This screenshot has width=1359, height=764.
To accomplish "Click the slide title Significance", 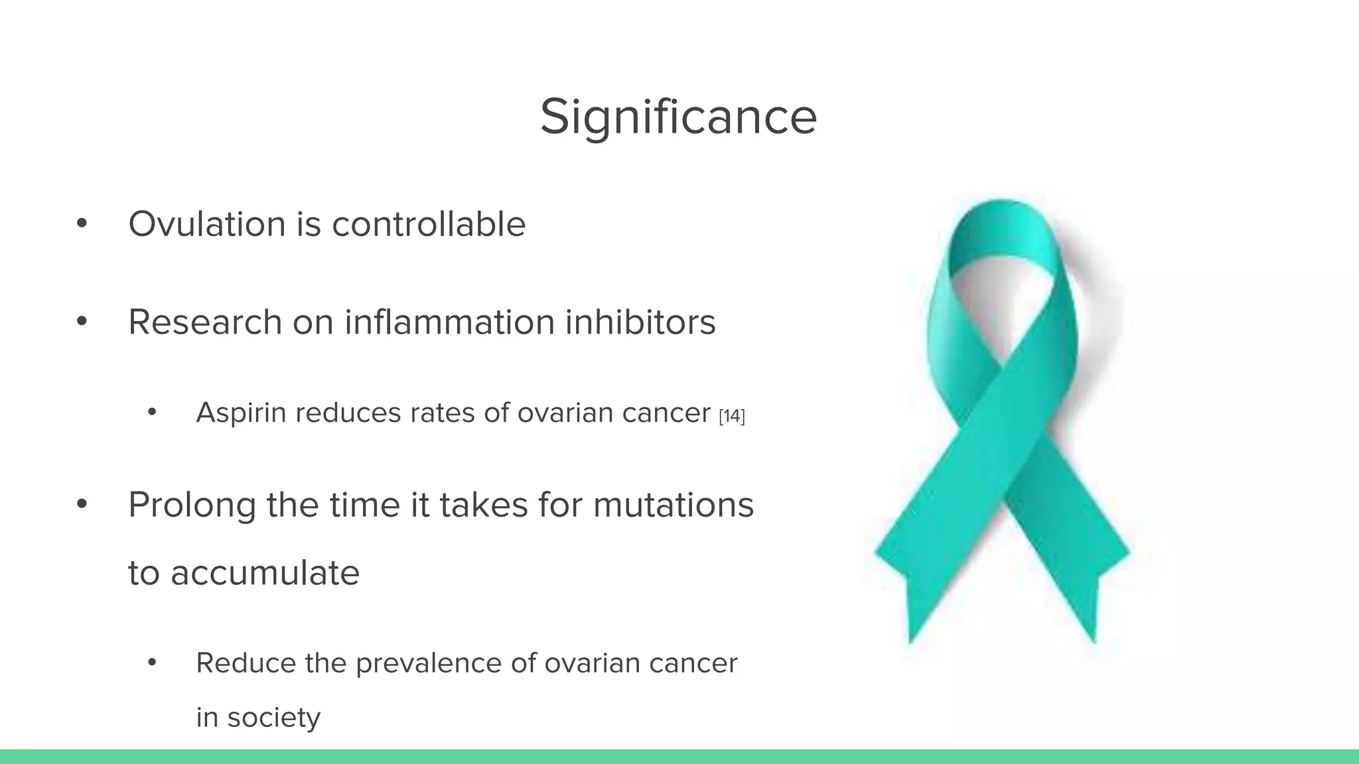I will coord(678,117).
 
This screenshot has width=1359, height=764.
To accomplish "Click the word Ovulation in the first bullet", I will coord(206,224).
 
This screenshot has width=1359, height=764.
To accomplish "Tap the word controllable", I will coord(429,224).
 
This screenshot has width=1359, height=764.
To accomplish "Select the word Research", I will coord(205,322).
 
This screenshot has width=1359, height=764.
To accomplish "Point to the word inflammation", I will coord(449,322).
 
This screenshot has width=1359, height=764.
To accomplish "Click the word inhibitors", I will coord(640,322).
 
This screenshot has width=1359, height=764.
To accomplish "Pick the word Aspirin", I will coord(242,413).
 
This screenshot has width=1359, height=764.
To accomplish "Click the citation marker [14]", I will coord(732,416).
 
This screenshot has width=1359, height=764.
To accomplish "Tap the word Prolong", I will coord(192,505).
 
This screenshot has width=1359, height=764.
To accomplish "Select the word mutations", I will coord(674,505).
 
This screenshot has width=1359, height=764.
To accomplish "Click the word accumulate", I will coord(265,573).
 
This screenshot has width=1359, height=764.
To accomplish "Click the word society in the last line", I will coord(273,718).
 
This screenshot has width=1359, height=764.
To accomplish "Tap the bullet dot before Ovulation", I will coord(82,224).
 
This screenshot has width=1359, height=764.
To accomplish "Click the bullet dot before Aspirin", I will coord(152,413).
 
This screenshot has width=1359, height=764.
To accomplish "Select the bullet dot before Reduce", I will coord(152,663).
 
